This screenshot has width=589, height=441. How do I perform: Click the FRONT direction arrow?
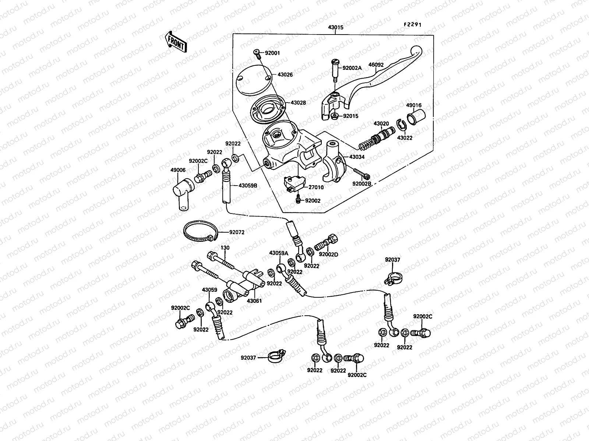point(176,41)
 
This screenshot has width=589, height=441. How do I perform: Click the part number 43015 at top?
point(336,28)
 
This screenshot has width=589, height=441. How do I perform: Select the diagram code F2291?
point(412,25)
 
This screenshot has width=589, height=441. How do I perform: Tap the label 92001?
point(272,53)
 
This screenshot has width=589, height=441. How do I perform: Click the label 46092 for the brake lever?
point(376,65)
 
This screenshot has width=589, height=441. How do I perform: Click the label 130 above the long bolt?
point(225,248)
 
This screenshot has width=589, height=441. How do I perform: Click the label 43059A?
point(279,253)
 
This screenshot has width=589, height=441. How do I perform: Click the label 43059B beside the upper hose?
point(248,186)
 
